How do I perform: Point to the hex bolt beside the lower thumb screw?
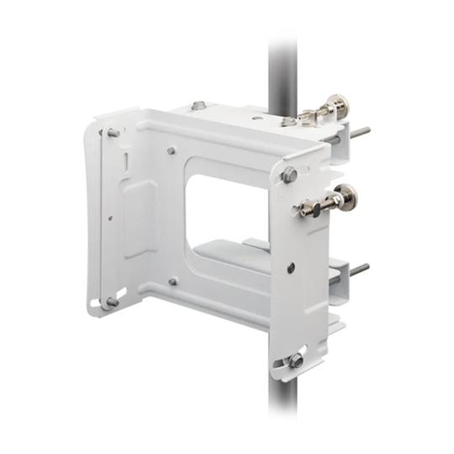tap(290, 175)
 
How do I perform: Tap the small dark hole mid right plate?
tap(291, 267)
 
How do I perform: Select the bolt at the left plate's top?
tap(113, 133)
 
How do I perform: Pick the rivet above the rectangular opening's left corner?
tap(172, 151)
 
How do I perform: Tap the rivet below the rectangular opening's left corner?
tap(172, 282)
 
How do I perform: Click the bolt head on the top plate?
tap(198, 106)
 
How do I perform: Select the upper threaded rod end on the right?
tap(361, 131)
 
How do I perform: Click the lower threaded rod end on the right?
tap(359, 270)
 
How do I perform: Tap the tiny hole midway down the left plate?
tap(110, 216)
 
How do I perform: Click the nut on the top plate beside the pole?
tap(289, 121)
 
